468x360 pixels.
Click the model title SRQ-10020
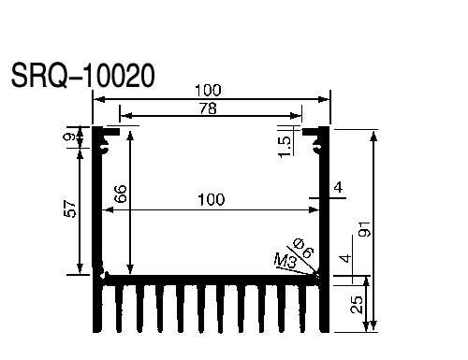82,76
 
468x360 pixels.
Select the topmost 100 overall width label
208,91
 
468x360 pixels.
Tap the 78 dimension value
208,108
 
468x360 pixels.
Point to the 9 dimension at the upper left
71,137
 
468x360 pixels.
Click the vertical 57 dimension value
70,209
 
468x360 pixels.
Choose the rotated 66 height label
121,194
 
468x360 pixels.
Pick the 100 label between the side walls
212,199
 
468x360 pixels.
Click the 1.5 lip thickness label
285,147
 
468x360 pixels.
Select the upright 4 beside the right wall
338,188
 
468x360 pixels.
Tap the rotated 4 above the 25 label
346,259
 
